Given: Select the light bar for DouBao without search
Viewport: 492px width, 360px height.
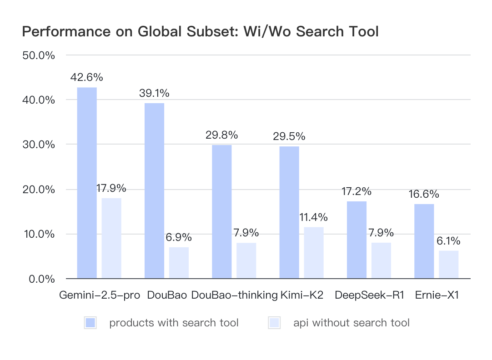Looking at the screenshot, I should click(179, 263).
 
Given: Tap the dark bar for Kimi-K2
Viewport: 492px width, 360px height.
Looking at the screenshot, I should click(289, 212).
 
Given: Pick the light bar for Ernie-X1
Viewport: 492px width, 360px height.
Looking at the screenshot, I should click(449, 265).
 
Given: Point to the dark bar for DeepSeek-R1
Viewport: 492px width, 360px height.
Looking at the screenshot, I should click(356, 240).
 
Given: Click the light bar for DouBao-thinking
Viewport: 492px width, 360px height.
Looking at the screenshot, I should click(246, 260).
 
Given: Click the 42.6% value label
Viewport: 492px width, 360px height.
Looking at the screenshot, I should click(86, 77).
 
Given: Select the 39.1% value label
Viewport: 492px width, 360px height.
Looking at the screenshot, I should click(154, 93).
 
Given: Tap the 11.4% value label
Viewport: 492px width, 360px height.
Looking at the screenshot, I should click(313, 217).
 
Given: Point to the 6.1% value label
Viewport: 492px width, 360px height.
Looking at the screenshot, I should click(448, 240).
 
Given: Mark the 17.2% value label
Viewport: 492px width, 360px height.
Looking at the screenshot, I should click(356, 191).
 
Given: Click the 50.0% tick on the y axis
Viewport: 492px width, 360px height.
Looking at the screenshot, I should click(39, 55).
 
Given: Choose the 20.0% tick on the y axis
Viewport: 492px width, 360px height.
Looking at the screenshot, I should click(39, 190).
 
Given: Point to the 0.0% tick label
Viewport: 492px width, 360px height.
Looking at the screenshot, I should click(41, 279).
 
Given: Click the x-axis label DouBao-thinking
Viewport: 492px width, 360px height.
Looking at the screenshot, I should click(234, 295).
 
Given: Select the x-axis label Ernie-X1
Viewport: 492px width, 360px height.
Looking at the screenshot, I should click(437, 295).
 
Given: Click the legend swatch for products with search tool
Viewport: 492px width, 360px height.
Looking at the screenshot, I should click(90, 323).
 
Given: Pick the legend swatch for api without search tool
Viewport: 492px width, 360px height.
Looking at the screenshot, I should click(274, 323).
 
